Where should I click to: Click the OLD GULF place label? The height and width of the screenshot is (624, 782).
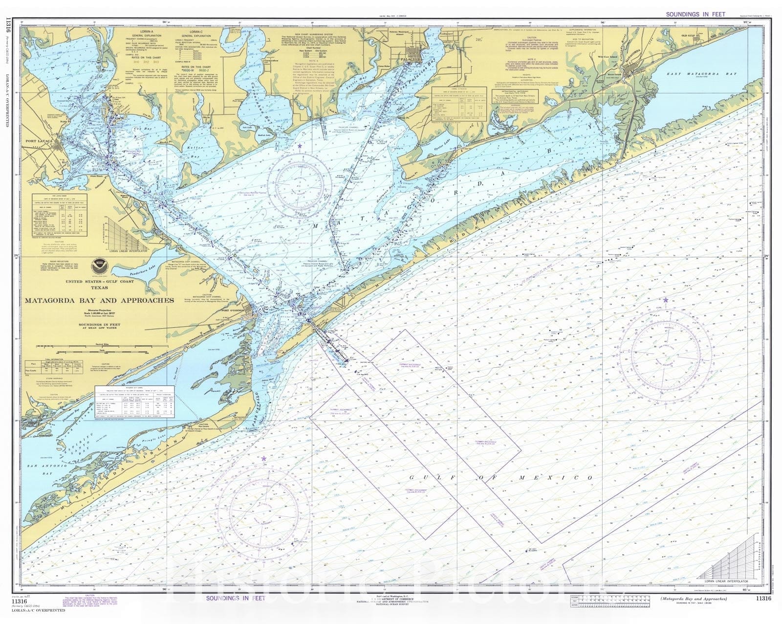[689, 36]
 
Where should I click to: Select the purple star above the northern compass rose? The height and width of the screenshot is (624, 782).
[300, 146]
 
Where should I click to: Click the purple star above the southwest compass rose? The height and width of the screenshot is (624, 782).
[264, 459]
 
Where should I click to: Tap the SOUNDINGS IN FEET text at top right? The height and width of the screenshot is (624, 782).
[695, 15]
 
